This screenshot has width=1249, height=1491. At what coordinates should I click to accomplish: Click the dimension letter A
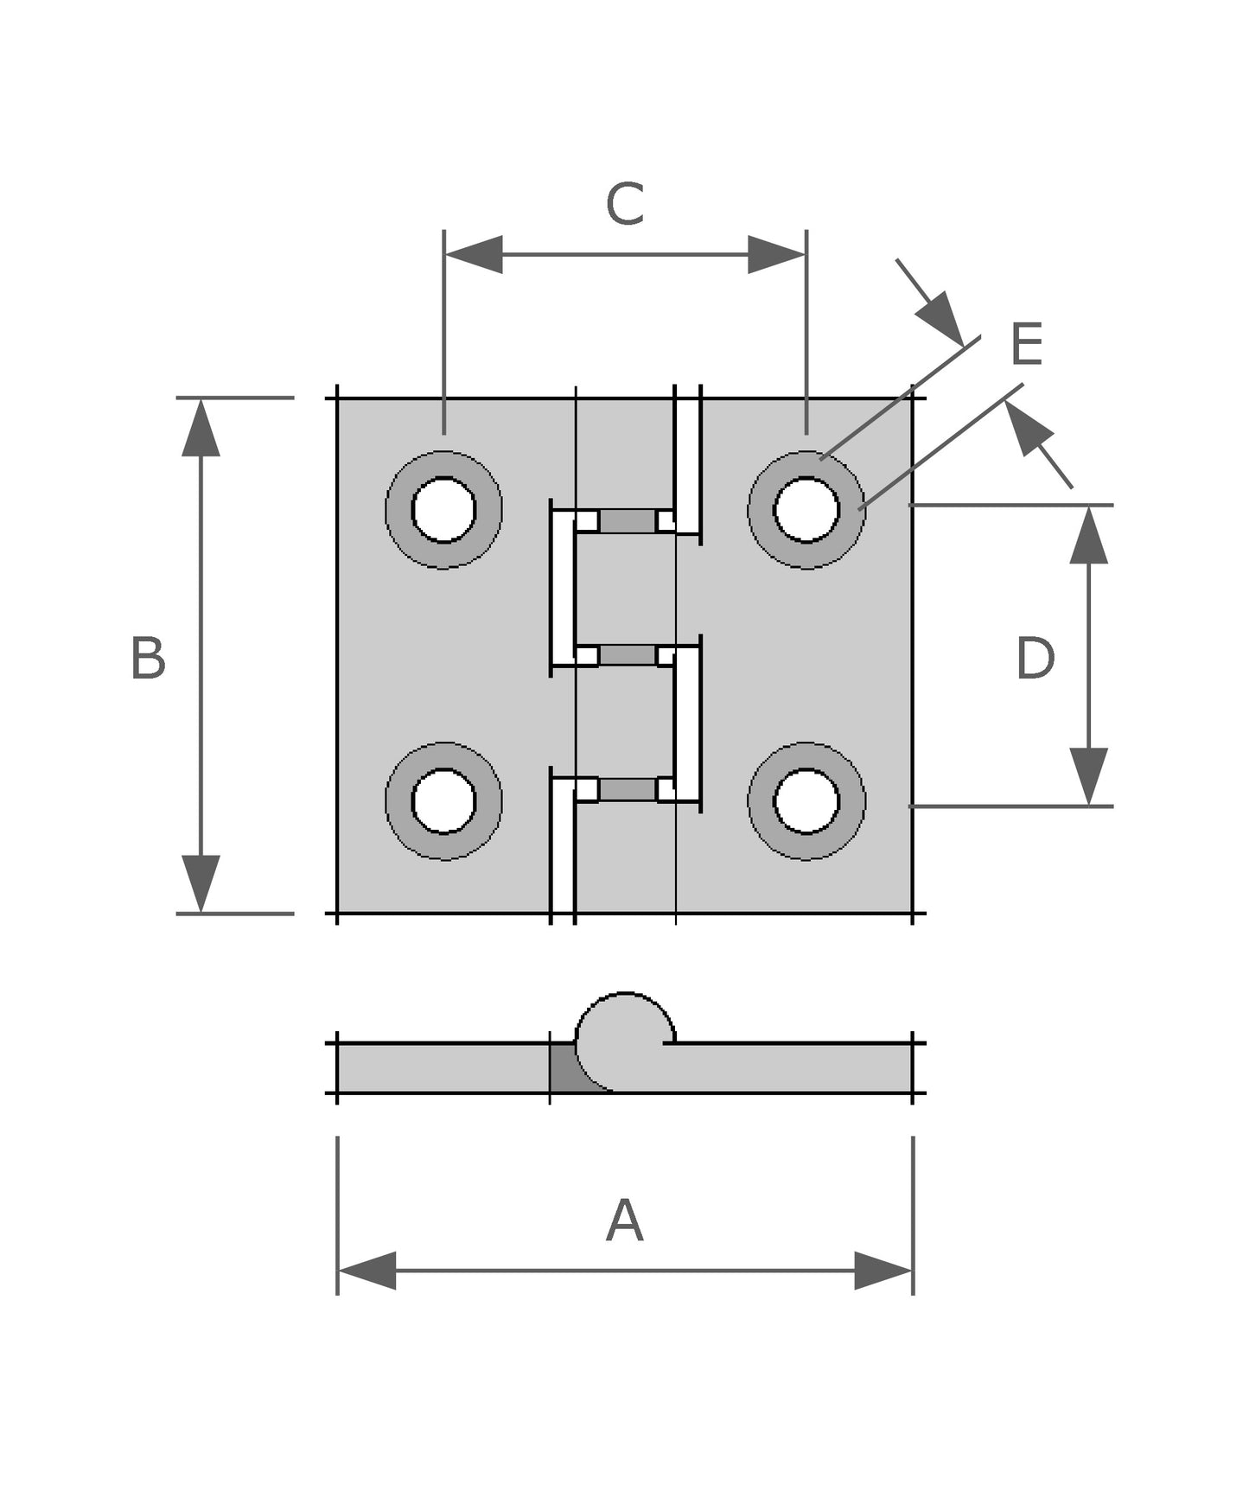point(624,1220)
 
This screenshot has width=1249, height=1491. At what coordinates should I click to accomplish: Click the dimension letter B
point(148,659)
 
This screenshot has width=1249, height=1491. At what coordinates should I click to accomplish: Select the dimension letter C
point(624,204)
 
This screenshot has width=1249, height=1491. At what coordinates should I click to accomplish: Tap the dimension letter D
point(1035,659)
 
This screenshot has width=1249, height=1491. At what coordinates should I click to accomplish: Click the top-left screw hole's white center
point(443,510)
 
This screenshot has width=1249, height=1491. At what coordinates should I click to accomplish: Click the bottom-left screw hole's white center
point(443,801)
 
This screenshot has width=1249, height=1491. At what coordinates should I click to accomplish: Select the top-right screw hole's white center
point(806,510)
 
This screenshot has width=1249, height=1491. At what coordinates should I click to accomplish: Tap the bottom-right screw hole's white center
point(806,801)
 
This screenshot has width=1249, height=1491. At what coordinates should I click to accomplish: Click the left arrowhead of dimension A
point(367,1271)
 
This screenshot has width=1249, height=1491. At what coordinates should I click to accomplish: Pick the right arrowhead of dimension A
point(883,1271)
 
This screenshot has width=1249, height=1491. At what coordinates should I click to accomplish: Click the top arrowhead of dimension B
point(201,428)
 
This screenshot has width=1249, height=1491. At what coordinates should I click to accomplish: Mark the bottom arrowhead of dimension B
point(201,883)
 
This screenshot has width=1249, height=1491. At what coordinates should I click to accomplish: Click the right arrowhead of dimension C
point(776,254)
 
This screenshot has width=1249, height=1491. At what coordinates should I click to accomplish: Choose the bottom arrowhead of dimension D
point(1088,776)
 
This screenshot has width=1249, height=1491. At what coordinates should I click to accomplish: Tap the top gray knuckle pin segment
point(628,521)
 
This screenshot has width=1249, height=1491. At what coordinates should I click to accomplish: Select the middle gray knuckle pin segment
point(628,655)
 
